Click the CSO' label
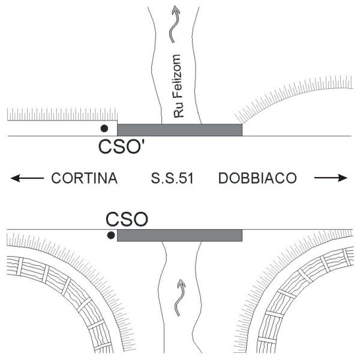123,146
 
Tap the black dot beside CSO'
104,128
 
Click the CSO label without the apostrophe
127,219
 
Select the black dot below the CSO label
111,235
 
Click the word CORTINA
84,178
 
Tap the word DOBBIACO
257,178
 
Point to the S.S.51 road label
172,178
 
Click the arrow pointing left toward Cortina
27,178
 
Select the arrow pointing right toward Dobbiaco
331,178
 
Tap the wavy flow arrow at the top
174,24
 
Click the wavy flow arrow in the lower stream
179,298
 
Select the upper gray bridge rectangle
179,130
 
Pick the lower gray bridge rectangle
179,235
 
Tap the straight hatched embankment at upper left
62,115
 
